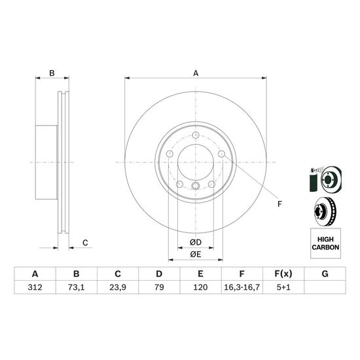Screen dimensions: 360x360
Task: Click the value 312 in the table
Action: [x=35, y=287]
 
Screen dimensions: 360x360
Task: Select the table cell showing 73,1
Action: [x=76, y=287]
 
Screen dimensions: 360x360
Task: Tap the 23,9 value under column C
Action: [x=118, y=287]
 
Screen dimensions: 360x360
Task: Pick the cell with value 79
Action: [x=159, y=287]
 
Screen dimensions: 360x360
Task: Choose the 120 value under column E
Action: [x=200, y=287]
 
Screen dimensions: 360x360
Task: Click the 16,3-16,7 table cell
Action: [x=242, y=287]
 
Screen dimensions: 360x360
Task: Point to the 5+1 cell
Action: [x=283, y=287]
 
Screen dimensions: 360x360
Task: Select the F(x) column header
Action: [x=283, y=274]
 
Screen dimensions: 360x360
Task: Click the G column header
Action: [x=325, y=274]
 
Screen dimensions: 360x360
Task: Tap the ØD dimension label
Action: [x=196, y=242]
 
